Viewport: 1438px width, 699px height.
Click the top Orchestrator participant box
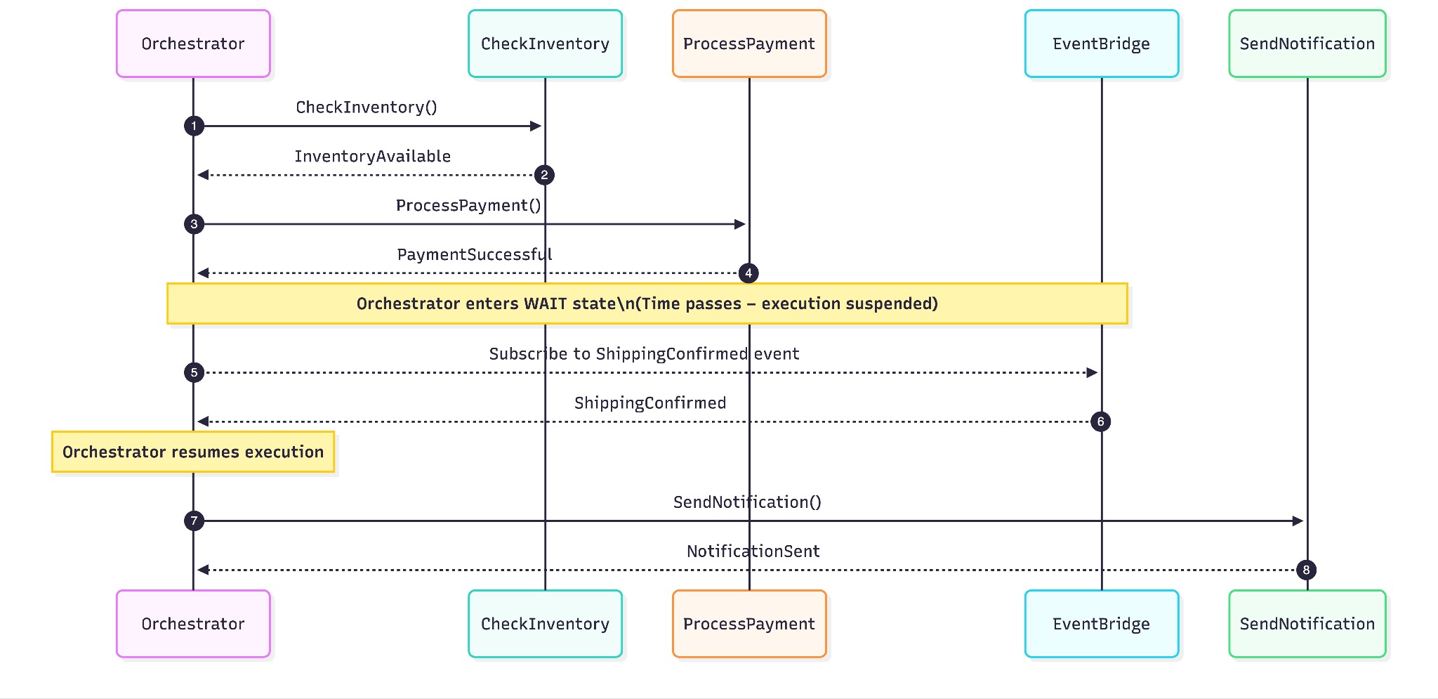pyautogui.click(x=193, y=44)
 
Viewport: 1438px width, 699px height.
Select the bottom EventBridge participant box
pyautogui.click(x=1101, y=624)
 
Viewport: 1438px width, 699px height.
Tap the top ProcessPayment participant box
pyautogui.click(x=749, y=44)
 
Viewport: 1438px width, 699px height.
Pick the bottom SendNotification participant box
pyautogui.click(x=1307, y=624)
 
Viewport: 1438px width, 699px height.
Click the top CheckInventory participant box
pyautogui.click(x=545, y=44)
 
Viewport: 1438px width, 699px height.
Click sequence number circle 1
pyautogui.click(x=194, y=126)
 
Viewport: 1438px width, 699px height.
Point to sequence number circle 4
pyautogui.click(x=748, y=273)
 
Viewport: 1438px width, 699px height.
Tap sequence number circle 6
pyautogui.click(x=1100, y=422)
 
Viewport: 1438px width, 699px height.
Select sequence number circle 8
pyautogui.click(x=1306, y=570)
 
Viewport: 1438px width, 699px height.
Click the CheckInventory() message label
pyautogui.click(x=366, y=107)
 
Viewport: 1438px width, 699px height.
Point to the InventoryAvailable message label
pyautogui.click(x=372, y=157)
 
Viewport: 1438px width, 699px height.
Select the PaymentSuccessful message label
pyautogui.click(x=475, y=254)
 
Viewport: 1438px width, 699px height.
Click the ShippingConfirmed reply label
pyautogui.click(x=649, y=403)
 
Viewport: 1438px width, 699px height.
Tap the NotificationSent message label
pyautogui.click(x=753, y=551)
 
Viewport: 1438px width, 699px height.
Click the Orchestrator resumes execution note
pyautogui.click(x=193, y=452)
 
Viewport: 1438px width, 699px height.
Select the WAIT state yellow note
pyautogui.click(x=647, y=303)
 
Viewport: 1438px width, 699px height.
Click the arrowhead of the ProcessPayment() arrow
pyautogui.click(x=740, y=224)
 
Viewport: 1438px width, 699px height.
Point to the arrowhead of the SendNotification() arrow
pyautogui.click(x=1298, y=521)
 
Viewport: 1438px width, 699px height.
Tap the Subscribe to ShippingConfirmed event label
pyautogui.click(x=644, y=354)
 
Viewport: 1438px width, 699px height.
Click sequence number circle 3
pyautogui.click(x=194, y=224)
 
